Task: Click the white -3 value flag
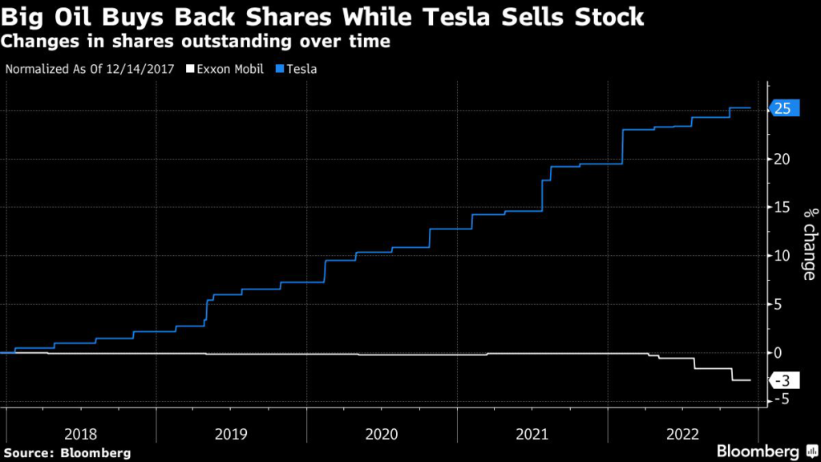pyautogui.click(x=784, y=380)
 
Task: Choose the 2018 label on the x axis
pyautogui.click(x=81, y=434)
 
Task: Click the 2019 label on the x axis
pyautogui.click(x=231, y=434)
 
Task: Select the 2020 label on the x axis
pyautogui.click(x=382, y=434)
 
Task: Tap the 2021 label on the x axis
pyautogui.click(x=532, y=434)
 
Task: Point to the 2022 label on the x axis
pyautogui.click(x=681, y=434)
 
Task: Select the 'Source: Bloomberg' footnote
pyautogui.click(x=67, y=452)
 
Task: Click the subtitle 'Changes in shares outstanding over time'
pyautogui.click(x=197, y=41)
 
